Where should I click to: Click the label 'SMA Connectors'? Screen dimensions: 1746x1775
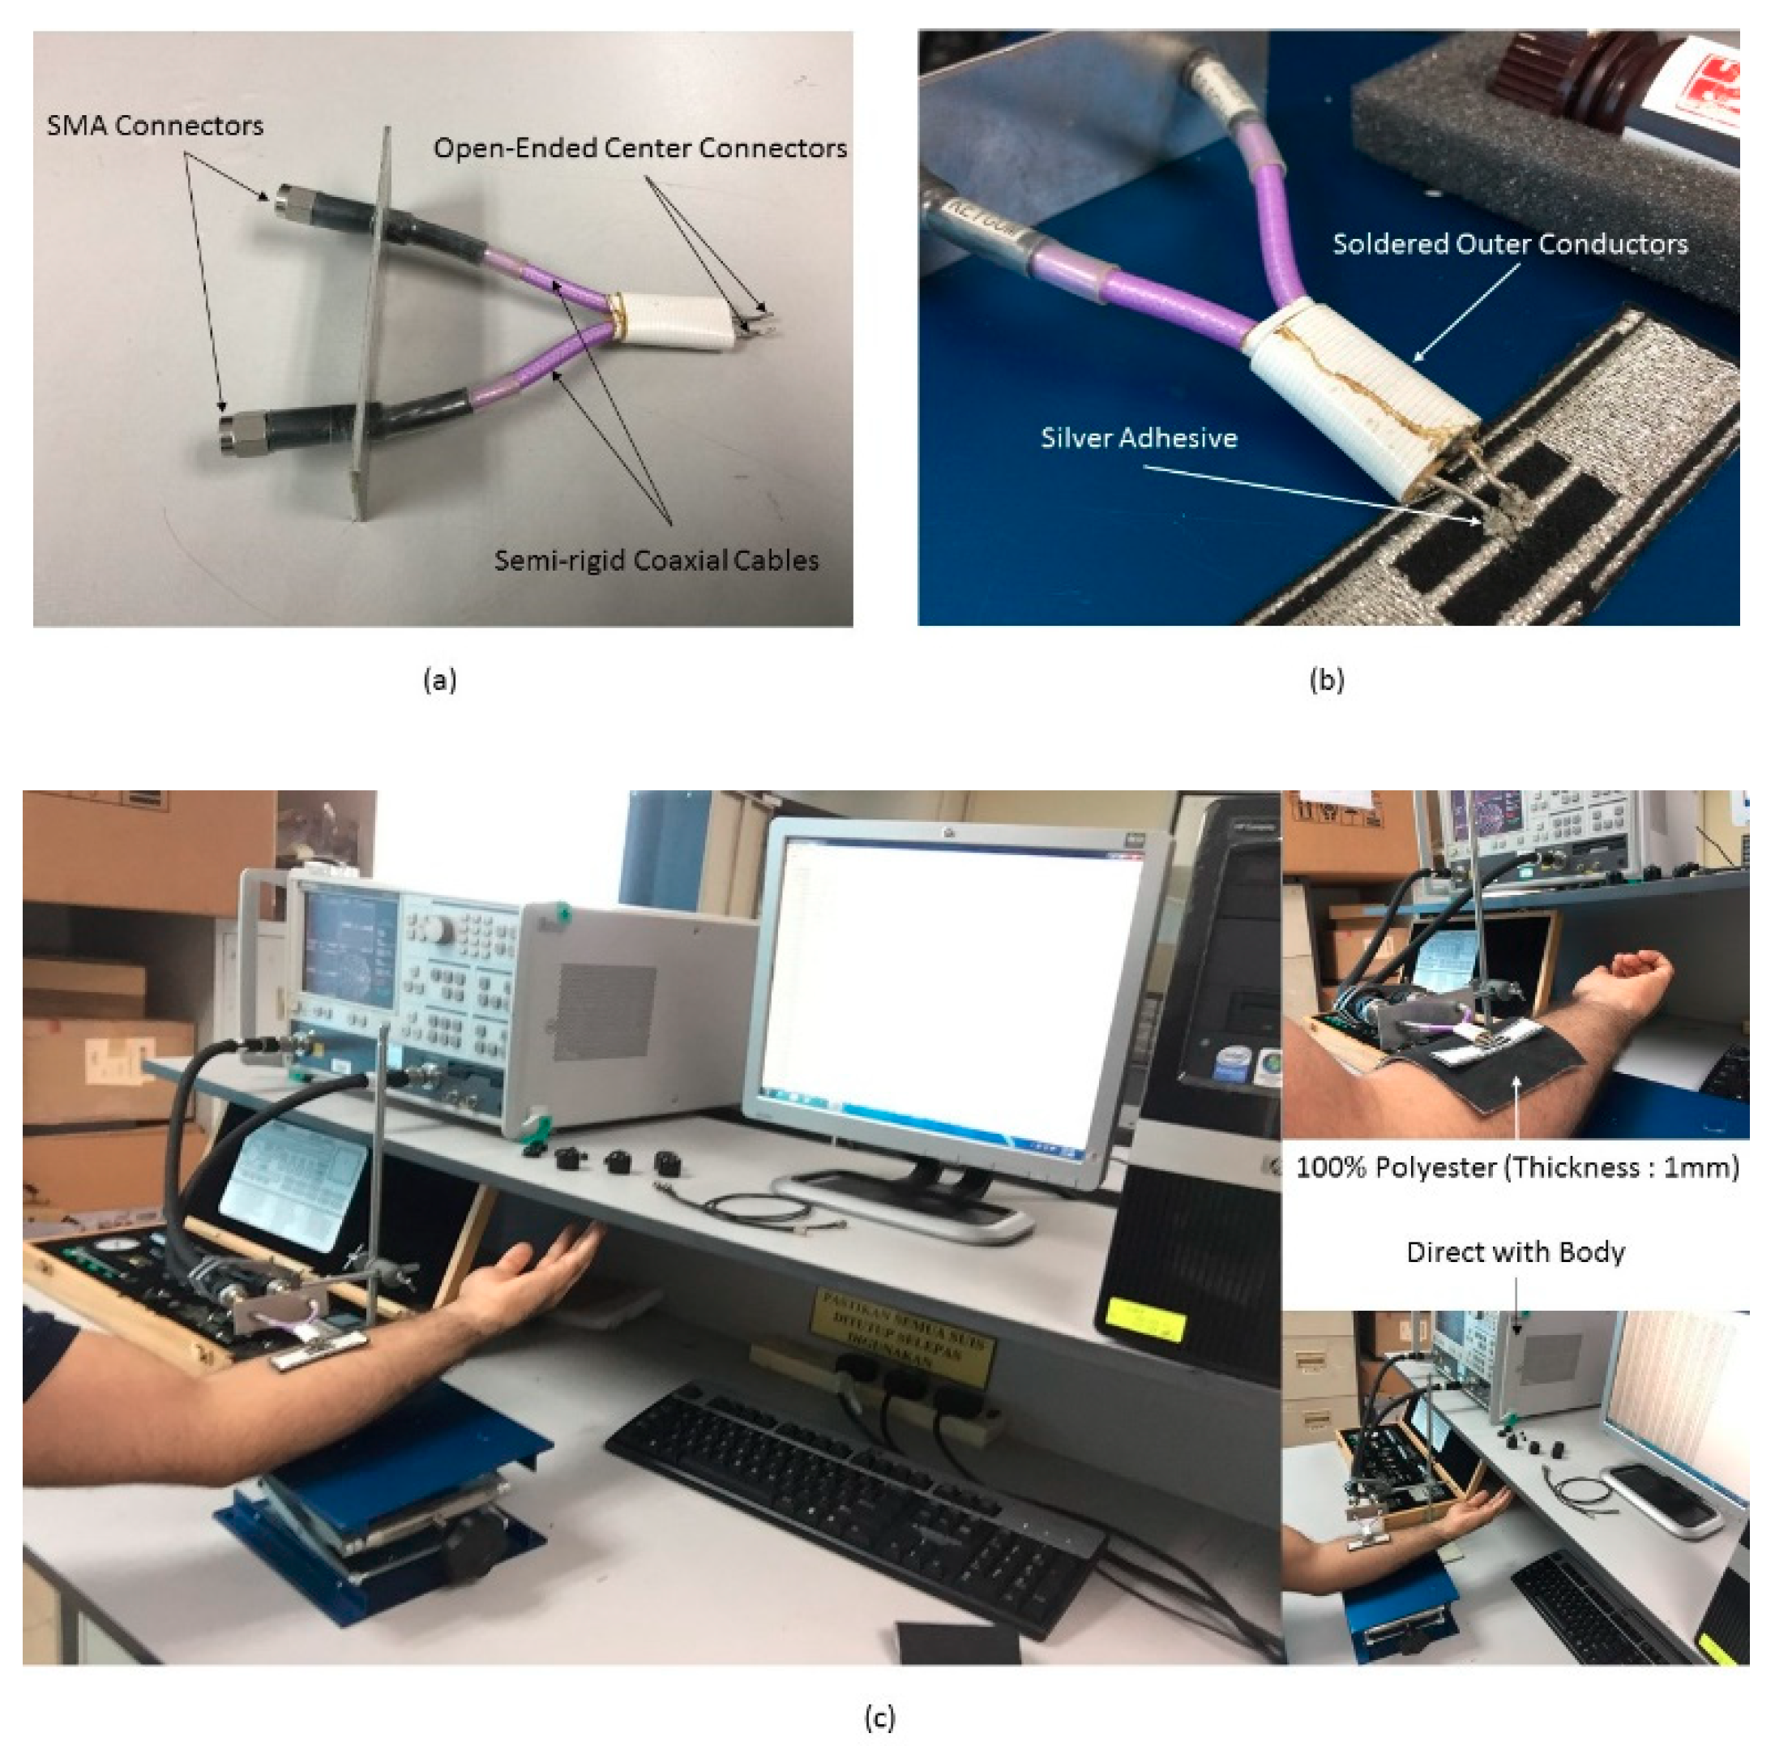(155, 126)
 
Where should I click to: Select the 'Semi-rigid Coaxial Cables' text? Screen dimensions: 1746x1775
(656, 560)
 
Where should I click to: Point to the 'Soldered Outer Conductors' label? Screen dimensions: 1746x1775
(1509, 244)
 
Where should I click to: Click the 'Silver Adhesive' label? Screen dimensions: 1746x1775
(1138, 439)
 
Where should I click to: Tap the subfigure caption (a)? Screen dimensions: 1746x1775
(439, 679)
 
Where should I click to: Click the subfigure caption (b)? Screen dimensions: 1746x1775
(1327, 679)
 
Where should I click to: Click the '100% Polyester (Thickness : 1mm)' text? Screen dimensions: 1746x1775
(1516, 1167)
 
